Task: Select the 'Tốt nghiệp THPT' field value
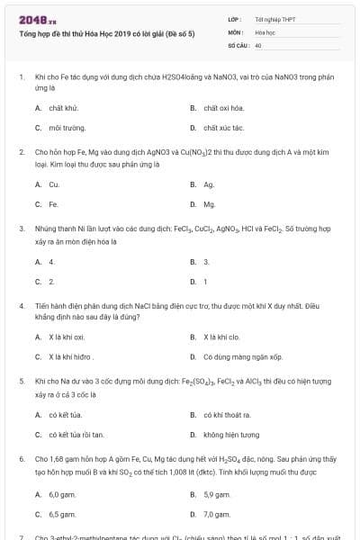[x=273, y=18]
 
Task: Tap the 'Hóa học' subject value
[x=265, y=31]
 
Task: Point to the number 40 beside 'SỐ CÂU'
[x=258, y=44]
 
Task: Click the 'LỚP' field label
[x=234, y=18]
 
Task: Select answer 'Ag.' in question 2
[x=208, y=184]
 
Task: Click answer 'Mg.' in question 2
[x=209, y=204]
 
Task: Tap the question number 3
[x=21, y=229]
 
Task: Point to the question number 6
[x=21, y=458]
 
